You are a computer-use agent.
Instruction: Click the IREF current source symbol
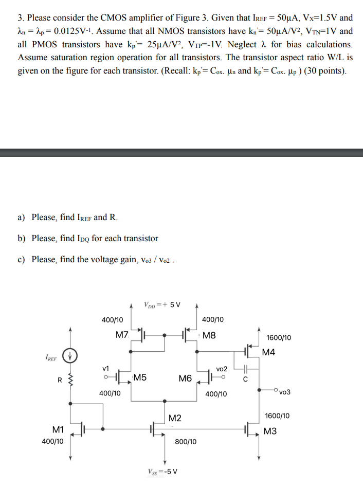[70, 355]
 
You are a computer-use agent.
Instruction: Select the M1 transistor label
[58, 429]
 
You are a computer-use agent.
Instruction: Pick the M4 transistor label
[268, 352]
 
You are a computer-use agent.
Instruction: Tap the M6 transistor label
[185, 378]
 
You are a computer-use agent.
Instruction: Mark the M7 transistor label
[122, 335]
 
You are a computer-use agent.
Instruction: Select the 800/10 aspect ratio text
[185, 441]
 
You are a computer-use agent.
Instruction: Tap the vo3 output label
[285, 392]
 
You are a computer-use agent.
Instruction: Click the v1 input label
[106, 368]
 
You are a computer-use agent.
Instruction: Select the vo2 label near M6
[222, 369]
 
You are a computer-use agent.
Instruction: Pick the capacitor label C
[245, 380]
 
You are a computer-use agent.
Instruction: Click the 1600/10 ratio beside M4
[279, 337]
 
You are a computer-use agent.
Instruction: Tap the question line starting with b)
[88, 238]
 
